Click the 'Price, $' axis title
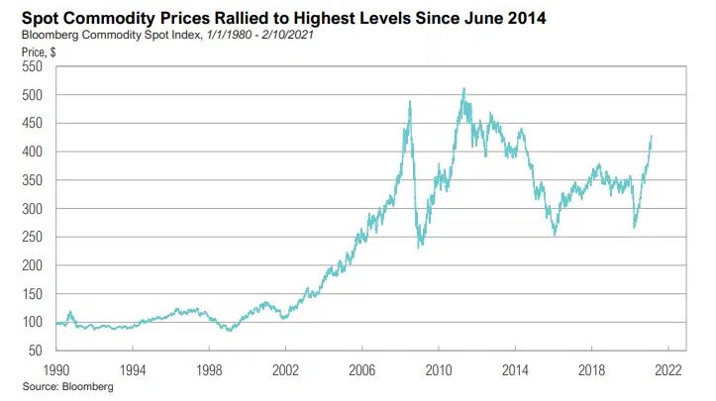point(41,50)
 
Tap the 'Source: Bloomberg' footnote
point(61,385)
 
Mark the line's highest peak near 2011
point(463,88)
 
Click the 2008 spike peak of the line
point(410,100)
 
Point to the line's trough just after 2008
point(420,248)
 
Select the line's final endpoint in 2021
point(652,136)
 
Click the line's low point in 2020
point(634,229)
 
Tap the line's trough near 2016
point(556,235)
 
